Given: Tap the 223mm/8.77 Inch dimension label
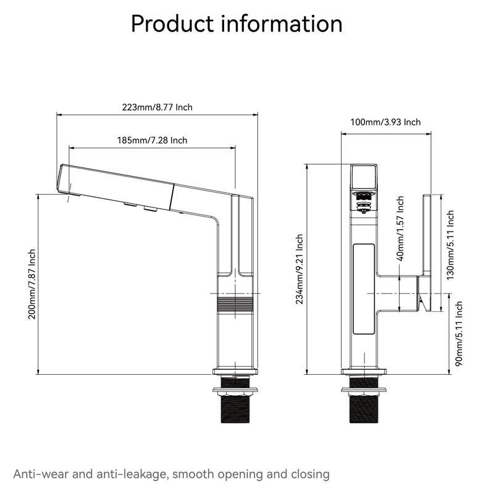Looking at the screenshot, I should coord(157,107).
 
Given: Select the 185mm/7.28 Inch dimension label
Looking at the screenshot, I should coord(152,140).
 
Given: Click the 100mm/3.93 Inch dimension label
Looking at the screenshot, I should coord(385,122).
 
